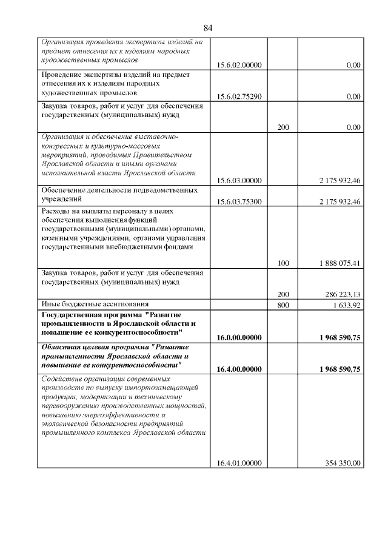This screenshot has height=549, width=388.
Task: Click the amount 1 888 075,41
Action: [339, 264]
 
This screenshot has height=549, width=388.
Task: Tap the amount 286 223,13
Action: [342, 295]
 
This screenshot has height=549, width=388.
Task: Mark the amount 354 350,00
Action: [343, 463]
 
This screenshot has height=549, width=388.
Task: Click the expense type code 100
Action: [283, 264]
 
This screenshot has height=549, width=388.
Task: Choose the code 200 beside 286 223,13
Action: [283, 295]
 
